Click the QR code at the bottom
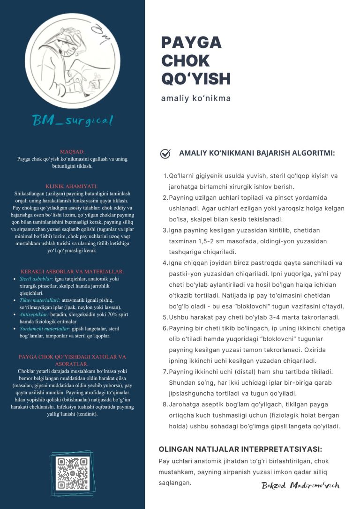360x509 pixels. point(72,473)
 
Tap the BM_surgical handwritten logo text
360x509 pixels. point(73,120)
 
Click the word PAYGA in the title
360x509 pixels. point(191,43)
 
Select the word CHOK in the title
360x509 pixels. point(185,61)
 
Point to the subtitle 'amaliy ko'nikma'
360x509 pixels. point(196,99)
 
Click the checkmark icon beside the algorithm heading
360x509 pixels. point(165,153)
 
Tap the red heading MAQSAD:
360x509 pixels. point(72,152)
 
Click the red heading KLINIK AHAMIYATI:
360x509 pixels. point(72,186)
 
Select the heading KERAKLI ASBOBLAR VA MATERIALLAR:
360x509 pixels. point(72,271)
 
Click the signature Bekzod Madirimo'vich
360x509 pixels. point(300,485)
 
